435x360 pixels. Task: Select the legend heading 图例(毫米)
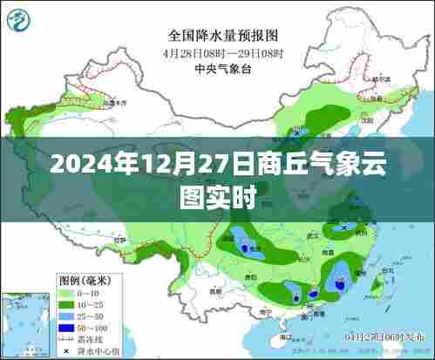tap(84, 280)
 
